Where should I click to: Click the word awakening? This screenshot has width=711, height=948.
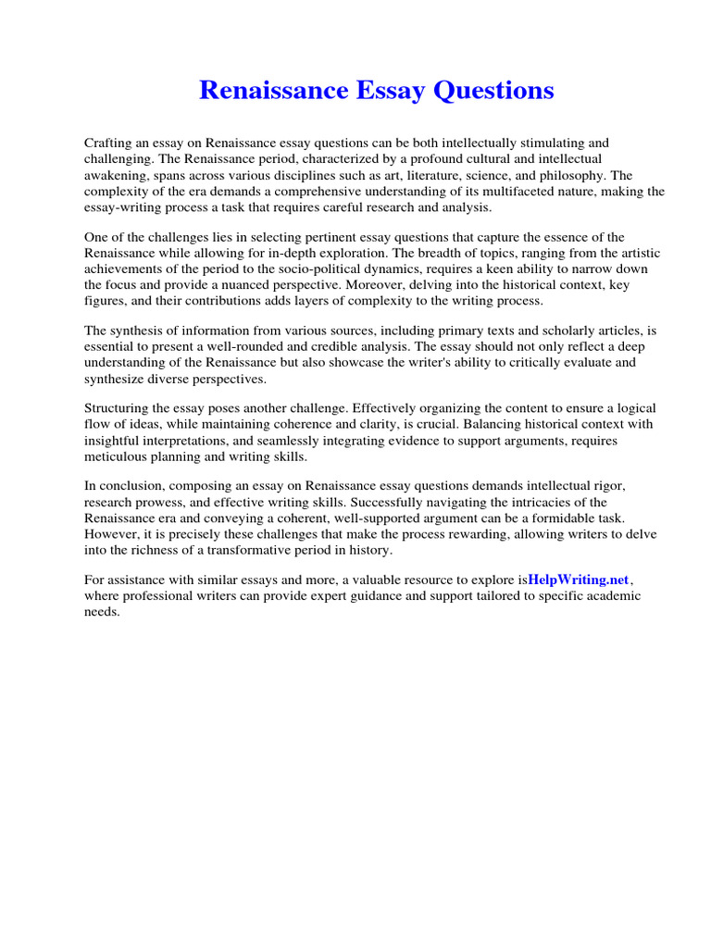click(115, 175)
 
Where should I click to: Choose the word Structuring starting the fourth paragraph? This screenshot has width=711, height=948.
click(118, 408)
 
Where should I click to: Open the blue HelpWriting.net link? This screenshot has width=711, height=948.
click(579, 580)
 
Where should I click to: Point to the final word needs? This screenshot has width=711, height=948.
click(101, 612)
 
